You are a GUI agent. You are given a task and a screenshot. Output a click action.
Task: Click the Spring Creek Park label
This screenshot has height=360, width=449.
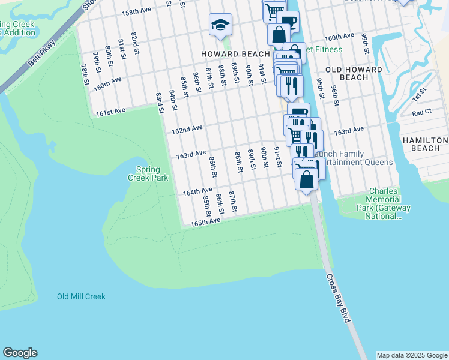point(148,173)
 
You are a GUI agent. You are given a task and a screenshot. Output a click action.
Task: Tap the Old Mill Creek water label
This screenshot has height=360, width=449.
point(81,296)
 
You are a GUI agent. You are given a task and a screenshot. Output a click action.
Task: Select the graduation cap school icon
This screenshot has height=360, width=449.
point(220,25)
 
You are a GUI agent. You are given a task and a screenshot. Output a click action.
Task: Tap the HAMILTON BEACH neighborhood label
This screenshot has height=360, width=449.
point(425,144)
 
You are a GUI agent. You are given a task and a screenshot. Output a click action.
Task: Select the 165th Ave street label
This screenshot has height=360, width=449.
point(206,222)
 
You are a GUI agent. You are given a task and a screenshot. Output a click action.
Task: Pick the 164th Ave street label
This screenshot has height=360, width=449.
point(197,192)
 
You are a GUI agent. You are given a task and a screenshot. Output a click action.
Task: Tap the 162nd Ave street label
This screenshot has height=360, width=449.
point(187,129)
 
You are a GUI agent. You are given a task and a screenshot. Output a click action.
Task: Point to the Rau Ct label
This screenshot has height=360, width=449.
point(421,112)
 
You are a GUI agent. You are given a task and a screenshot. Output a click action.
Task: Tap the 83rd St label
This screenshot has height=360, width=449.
point(160,102)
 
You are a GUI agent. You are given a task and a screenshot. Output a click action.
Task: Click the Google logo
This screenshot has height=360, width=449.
point(20,353)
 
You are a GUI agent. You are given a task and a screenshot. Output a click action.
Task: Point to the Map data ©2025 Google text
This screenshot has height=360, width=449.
point(411,355)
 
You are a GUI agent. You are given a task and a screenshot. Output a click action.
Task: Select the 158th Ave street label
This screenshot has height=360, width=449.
point(136,11)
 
